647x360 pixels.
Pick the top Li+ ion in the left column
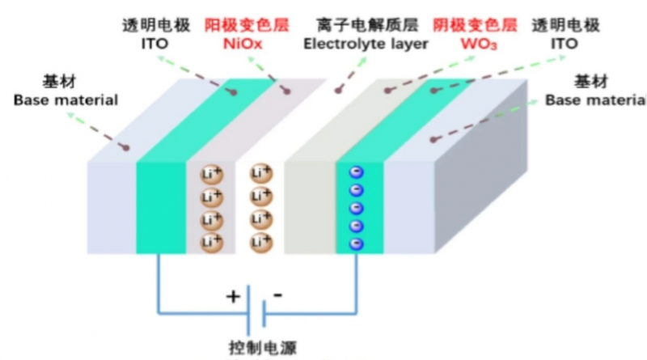[x=211, y=173]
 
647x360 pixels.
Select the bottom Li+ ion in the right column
[x=260, y=241]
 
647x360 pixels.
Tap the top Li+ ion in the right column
[x=260, y=173]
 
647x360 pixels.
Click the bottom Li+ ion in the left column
[x=211, y=241]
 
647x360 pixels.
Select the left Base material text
[x=66, y=100]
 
